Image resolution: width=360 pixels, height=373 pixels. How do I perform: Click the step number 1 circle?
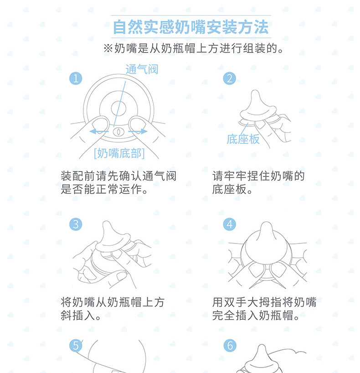(x=76, y=78)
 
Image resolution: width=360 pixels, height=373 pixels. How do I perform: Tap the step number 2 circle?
(x=230, y=78)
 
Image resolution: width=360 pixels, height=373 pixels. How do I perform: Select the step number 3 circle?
(x=76, y=224)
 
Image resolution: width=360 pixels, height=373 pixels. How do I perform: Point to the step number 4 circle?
(x=230, y=224)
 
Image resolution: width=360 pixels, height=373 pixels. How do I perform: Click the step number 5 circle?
(x=76, y=346)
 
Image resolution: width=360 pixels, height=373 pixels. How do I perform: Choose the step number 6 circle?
(x=230, y=346)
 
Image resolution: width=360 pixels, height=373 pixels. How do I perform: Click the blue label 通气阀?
(x=142, y=69)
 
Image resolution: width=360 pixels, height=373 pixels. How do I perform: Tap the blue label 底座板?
(x=243, y=139)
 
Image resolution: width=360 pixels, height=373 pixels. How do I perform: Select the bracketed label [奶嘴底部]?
(x=119, y=153)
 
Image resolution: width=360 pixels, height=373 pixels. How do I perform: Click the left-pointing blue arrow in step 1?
(x=99, y=131)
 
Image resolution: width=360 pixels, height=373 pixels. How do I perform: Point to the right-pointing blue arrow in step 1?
(x=138, y=131)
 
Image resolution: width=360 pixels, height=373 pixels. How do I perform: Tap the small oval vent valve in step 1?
(x=118, y=131)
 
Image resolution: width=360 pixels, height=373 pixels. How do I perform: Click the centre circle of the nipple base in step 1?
(x=118, y=108)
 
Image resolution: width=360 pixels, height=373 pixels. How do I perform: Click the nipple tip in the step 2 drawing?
(x=255, y=91)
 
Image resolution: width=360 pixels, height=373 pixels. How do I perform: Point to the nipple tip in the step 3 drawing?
(x=107, y=222)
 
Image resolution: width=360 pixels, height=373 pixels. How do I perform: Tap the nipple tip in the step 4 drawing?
(x=266, y=223)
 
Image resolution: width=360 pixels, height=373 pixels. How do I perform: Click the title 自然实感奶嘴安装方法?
(x=190, y=27)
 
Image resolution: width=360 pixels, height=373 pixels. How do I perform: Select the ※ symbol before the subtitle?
(x=108, y=48)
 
